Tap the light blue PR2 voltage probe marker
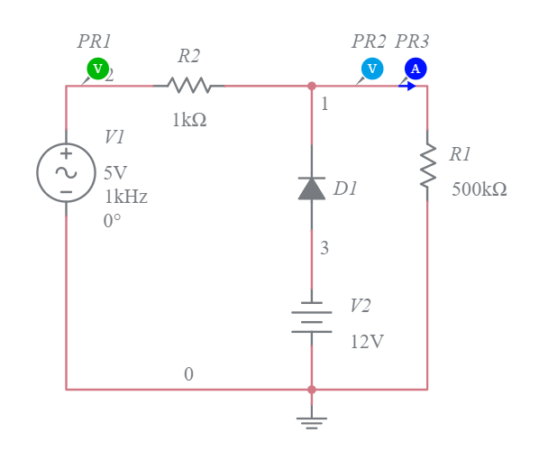[x=371, y=69]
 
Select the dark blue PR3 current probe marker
[x=415, y=69]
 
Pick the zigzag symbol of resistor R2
[x=189, y=86]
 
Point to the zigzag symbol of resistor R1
[x=427, y=166]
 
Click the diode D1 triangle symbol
[x=312, y=188]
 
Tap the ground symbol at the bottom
[x=312, y=420]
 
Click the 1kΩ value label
[x=189, y=120]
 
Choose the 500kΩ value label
[x=479, y=189]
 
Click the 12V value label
[x=367, y=343]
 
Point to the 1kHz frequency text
[x=125, y=197]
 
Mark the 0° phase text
[x=112, y=220]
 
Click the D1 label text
[x=345, y=189]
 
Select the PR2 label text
[x=369, y=41]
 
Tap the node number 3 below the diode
[x=324, y=249]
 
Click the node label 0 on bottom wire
[x=188, y=374]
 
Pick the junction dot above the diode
[x=312, y=86]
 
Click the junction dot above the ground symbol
[x=312, y=390]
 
